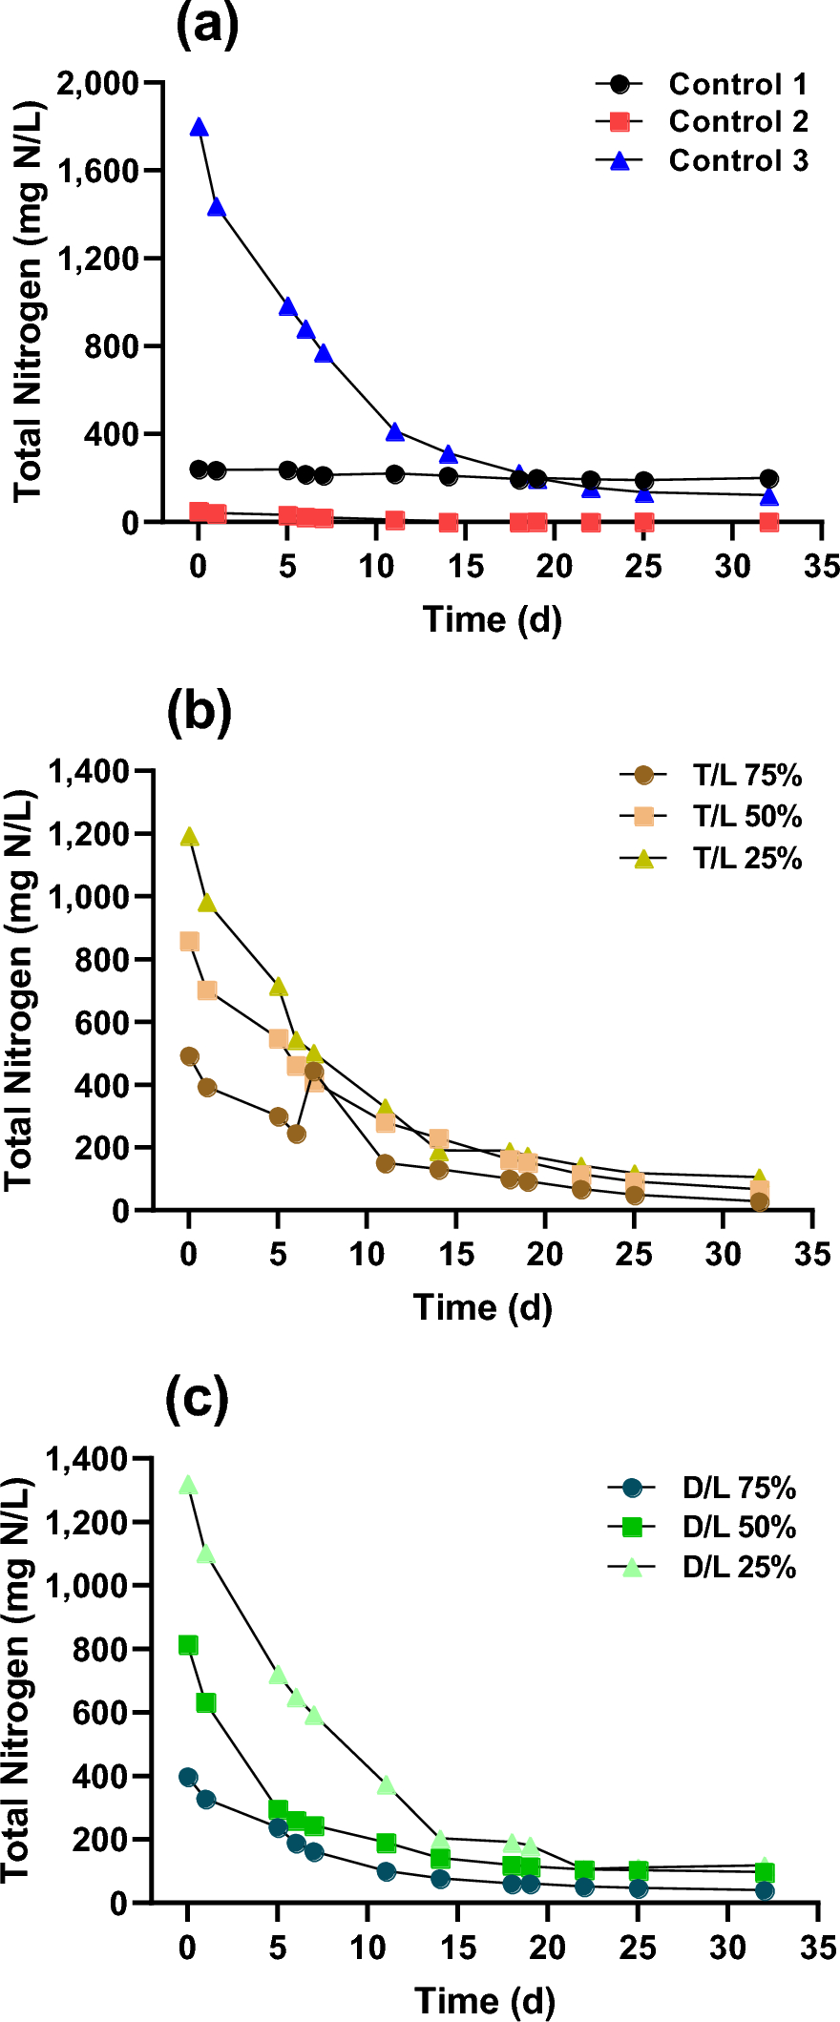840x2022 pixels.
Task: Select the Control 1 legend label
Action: click(738, 84)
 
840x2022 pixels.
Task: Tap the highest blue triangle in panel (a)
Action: click(199, 128)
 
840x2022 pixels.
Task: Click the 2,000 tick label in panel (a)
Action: click(97, 83)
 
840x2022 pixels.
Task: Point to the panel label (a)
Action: click(207, 26)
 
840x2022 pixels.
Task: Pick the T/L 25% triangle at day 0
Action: click(189, 837)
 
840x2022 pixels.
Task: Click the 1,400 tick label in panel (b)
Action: click(90, 771)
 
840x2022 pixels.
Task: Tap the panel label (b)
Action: click(199, 712)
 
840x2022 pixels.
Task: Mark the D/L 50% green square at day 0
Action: click(188, 1645)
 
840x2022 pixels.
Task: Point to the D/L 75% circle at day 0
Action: click(188, 1777)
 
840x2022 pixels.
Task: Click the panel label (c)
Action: click(197, 1400)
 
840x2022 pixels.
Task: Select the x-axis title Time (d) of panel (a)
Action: click(492, 619)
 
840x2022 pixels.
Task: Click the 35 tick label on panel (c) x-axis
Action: click(818, 1947)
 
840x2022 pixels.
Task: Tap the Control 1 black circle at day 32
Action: click(768, 479)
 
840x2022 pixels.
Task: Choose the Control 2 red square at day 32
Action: click(768, 522)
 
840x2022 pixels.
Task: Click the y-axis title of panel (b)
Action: click(19, 990)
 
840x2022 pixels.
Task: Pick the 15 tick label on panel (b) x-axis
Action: click(456, 1254)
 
